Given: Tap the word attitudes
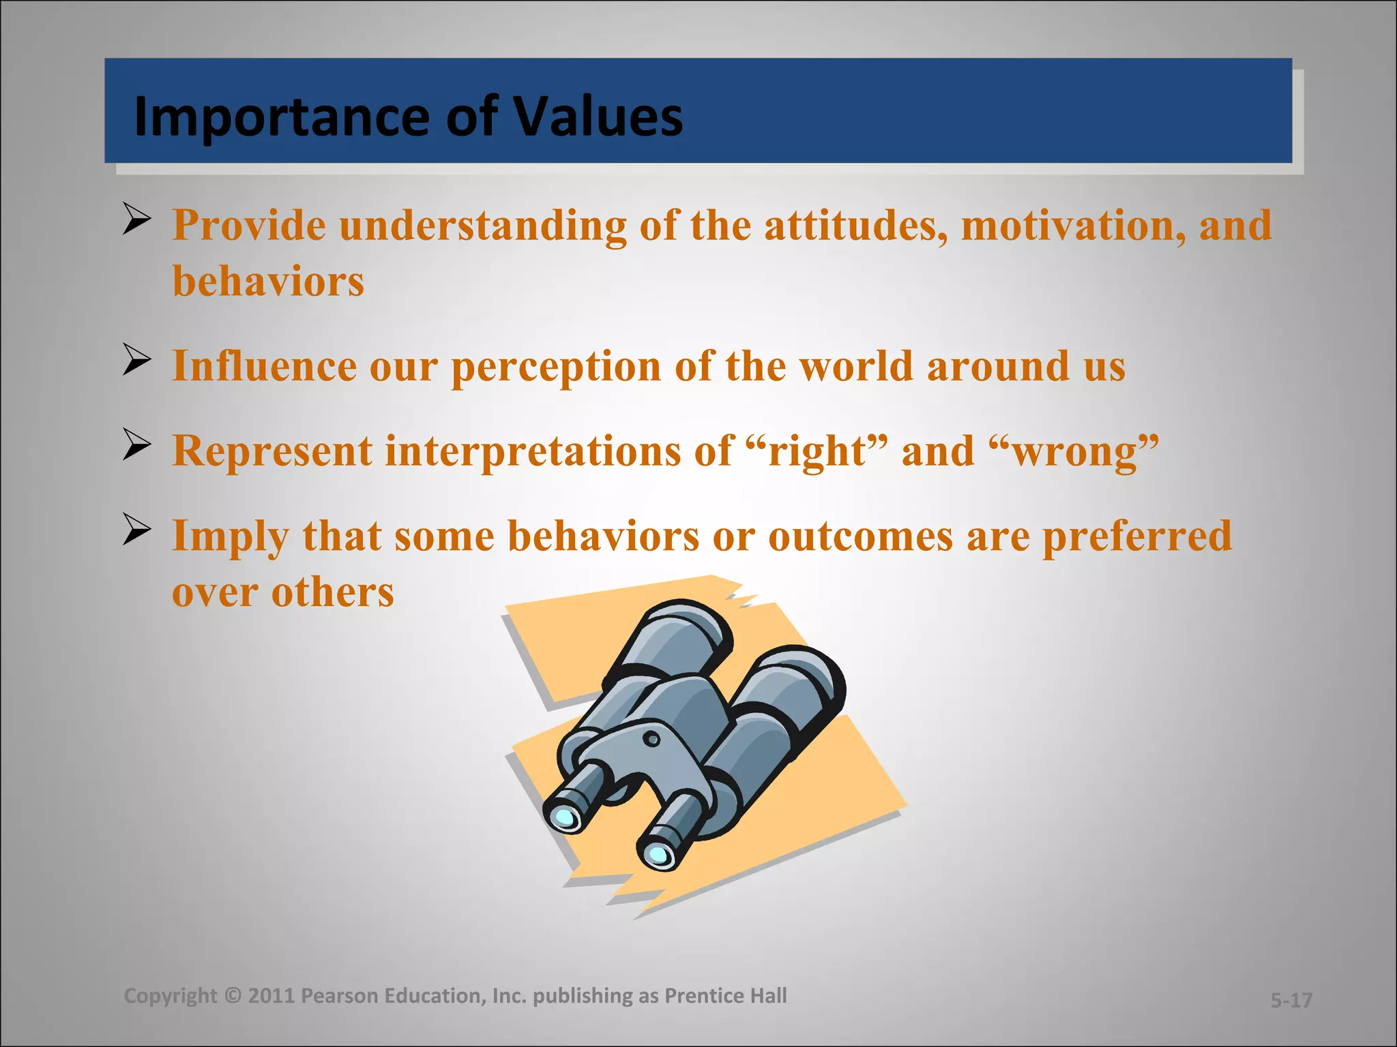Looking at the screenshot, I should tap(855, 225).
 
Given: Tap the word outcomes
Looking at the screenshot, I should tap(860, 536).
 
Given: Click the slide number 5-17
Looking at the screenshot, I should tap(1291, 1000).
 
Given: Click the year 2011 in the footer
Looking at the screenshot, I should tap(271, 996).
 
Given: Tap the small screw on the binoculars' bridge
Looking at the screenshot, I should tap(651, 739).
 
